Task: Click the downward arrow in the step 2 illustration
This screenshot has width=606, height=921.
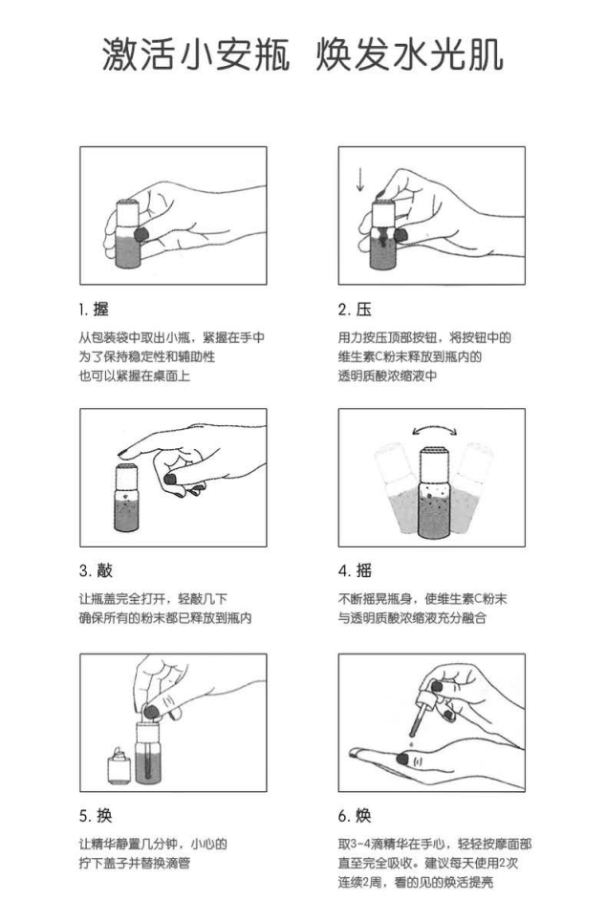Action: click(359, 179)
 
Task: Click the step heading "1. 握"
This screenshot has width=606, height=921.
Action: click(94, 310)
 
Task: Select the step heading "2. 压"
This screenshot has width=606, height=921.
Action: click(355, 310)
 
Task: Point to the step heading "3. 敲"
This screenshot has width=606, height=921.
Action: click(96, 570)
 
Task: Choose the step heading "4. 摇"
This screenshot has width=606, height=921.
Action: click(355, 570)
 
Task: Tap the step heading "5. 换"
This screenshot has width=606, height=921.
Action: click(96, 815)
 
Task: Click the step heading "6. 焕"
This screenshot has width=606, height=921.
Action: click(355, 815)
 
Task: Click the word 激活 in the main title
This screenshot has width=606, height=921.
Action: click(139, 55)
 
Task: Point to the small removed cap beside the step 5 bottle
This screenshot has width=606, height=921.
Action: click(119, 766)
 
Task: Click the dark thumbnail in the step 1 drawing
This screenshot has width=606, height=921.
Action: click(141, 234)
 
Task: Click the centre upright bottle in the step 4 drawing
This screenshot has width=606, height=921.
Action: click(434, 493)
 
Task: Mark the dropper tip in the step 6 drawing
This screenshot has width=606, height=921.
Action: click(412, 734)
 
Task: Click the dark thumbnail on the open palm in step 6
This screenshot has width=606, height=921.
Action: click(403, 759)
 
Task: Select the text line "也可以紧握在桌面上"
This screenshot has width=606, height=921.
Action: click(135, 375)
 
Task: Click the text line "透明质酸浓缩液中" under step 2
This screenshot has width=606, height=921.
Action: click(387, 375)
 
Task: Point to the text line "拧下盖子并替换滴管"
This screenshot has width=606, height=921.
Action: click(135, 864)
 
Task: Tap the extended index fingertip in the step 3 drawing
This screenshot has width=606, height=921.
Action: click(123, 452)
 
